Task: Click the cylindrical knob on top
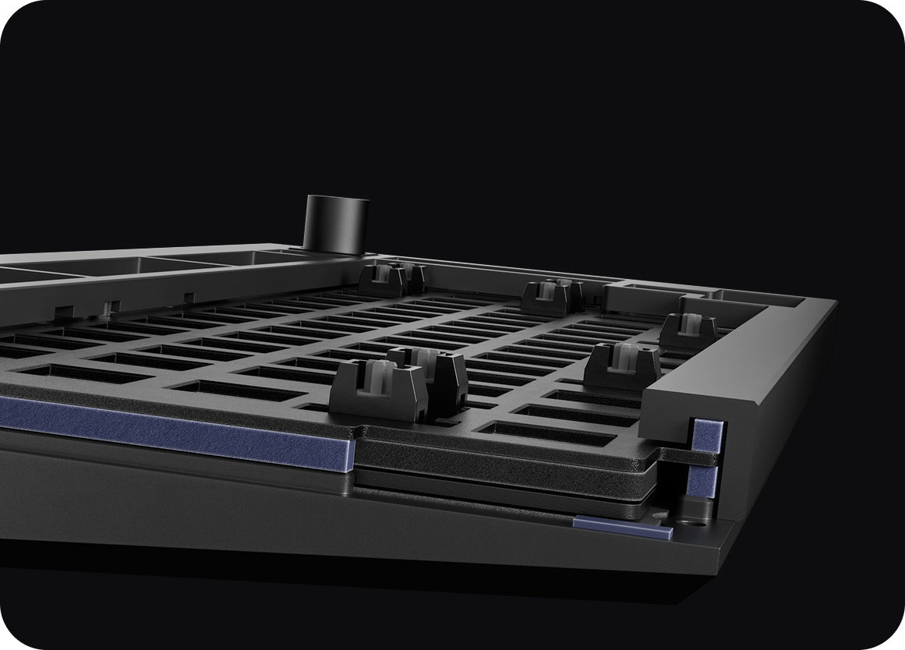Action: click(336, 224)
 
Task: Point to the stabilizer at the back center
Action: click(552, 296)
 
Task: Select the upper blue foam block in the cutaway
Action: click(708, 436)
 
